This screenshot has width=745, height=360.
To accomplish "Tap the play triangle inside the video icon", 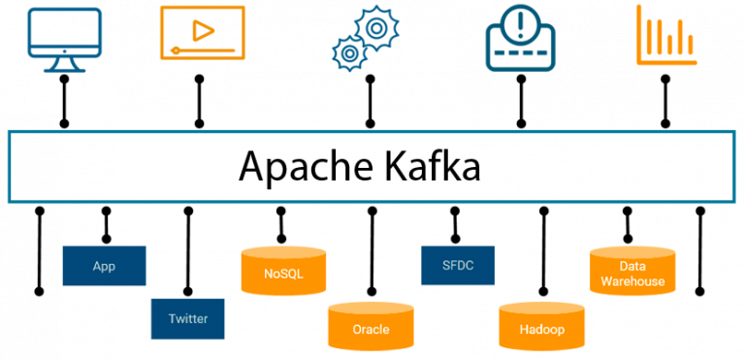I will pyautogui.click(x=203, y=30).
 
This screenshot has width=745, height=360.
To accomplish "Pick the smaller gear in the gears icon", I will pyautogui.click(x=347, y=52).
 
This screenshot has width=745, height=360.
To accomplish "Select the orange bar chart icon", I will pyautogui.click(x=666, y=36).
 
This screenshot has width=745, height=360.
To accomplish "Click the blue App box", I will pyautogui.click(x=104, y=266).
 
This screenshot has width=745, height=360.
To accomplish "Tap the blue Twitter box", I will pyautogui.click(x=188, y=318).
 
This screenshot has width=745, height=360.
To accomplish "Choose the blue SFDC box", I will pyautogui.click(x=458, y=265).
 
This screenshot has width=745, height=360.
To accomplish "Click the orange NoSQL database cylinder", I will pyautogui.click(x=283, y=271).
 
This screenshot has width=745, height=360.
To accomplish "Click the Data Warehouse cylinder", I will pyautogui.click(x=632, y=273).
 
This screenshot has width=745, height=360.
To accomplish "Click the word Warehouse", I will pyautogui.click(x=632, y=281).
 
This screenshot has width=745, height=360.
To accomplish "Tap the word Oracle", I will pyautogui.click(x=371, y=330).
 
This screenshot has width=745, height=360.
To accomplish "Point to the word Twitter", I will pyautogui.click(x=188, y=318).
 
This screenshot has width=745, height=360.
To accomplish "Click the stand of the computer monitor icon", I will pyautogui.click(x=65, y=65).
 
